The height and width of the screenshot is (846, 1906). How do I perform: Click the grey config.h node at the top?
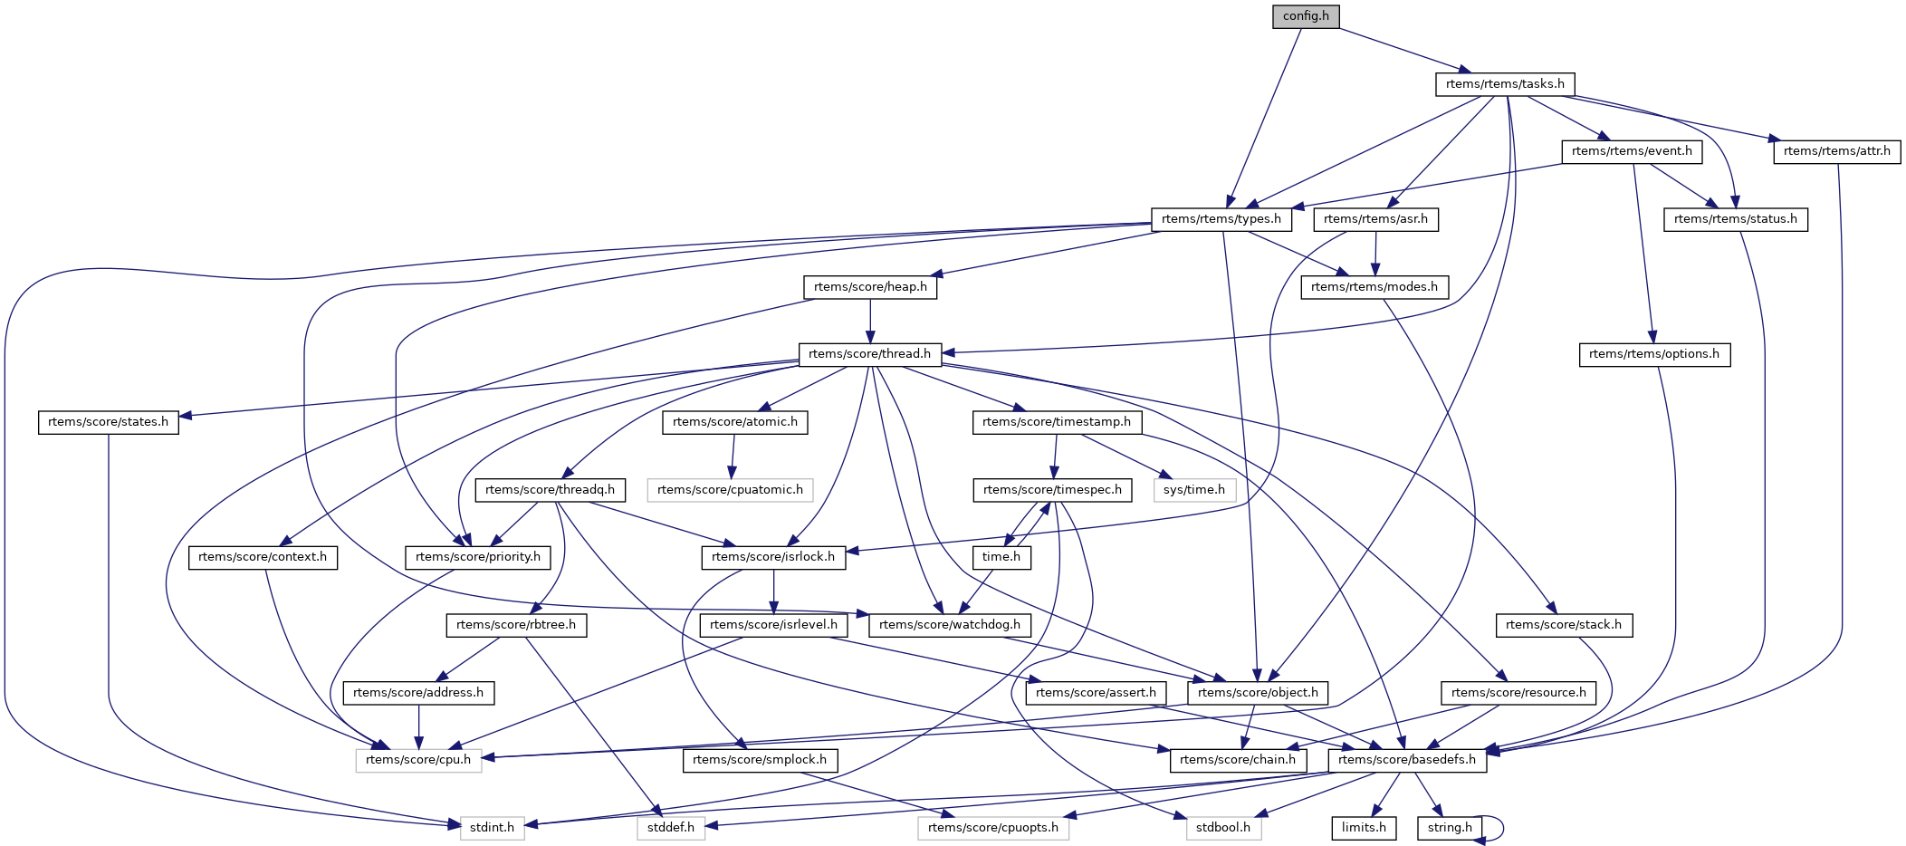click(x=1306, y=16)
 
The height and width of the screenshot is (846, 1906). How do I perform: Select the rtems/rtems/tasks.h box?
click(x=1505, y=84)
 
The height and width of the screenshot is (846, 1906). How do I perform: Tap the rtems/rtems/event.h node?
click(x=1632, y=151)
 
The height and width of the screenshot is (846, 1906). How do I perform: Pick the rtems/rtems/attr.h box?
click(x=1836, y=151)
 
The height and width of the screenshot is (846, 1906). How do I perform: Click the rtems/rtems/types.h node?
click(x=1221, y=219)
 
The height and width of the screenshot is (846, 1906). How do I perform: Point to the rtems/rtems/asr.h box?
click(x=1375, y=219)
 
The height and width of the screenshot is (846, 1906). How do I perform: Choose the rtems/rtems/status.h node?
click(x=1735, y=219)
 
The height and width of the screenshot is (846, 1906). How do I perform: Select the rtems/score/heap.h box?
click(x=870, y=287)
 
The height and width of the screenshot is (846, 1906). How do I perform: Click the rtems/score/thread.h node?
click(x=869, y=354)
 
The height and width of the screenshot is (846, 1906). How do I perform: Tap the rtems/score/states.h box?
click(x=108, y=422)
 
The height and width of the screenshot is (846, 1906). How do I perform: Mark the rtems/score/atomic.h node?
click(x=734, y=422)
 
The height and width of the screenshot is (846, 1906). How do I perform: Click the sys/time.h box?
click(x=1194, y=490)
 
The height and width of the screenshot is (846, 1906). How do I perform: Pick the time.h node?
click(x=1001, y=557)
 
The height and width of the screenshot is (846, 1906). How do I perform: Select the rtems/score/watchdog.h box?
click(x=949, y=625)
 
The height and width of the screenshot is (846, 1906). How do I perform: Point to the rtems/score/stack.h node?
click(x=1564, y=625)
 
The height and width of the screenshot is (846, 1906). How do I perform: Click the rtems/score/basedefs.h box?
click(x=1406, y=760)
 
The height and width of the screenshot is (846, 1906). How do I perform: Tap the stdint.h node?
click(x=492, y=828)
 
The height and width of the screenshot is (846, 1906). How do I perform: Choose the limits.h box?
click(x=1364, y=828)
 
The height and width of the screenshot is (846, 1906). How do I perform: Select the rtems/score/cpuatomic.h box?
click(x=730, y=490)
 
